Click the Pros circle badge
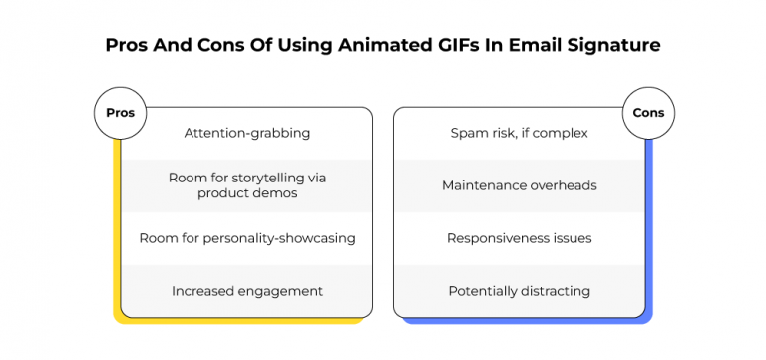120,113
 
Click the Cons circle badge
648,113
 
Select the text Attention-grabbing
246,133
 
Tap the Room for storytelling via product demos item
246,184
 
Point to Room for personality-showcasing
246,238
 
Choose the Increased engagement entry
246,291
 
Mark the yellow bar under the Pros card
239,320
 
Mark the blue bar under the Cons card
529,320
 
